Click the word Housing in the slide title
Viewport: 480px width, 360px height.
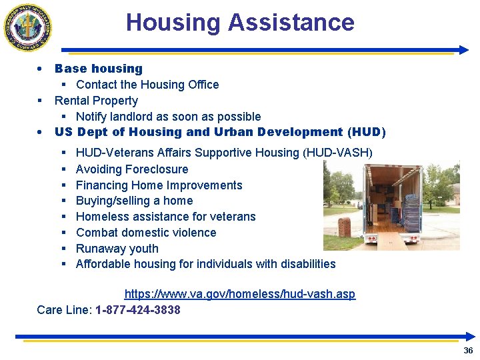click(173, 23)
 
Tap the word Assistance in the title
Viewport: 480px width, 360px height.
click(291, 23)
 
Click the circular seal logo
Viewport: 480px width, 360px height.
click(28, 28)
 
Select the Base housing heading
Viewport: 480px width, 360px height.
click(99, 69)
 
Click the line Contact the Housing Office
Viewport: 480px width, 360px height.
click(147, 85)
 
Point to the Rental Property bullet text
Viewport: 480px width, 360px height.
click(96, 101)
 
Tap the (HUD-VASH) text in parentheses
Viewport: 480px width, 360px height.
click(337, 153)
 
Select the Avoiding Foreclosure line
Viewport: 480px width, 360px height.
click(132, 169)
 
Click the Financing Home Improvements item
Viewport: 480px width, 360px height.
click(159, 185)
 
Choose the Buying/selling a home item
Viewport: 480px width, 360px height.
click(134, 201)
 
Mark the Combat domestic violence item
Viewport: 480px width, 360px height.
click(146, 233)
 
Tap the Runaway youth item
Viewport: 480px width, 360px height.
click(117, 249)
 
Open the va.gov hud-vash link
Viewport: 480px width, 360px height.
click(240, 294)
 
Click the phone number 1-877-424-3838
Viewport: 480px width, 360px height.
click(138, 310)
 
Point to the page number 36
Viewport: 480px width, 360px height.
click(468, 351)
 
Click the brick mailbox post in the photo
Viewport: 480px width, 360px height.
click(345, 227)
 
